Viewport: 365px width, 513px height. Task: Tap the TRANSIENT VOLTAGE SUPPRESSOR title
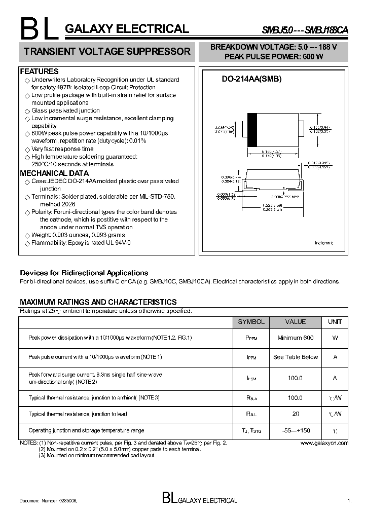[x=107, y=52]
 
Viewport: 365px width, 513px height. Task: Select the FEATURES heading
[x=39, y=71]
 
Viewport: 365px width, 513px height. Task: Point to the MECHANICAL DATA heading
[x=54, y=173]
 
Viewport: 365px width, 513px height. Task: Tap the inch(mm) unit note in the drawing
[x=323, y=243]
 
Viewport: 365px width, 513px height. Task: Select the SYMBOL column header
[x=251, y=322]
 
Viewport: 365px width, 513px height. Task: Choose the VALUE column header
[x=296, y=322]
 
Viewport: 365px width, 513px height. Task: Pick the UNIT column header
[x=335, y=322]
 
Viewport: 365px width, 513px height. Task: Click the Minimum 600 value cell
[x=296, y=338]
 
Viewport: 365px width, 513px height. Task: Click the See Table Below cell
[x=296, y=357]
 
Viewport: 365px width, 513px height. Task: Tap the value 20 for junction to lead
[x=296, y=414]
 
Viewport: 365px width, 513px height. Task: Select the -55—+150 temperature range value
[x=296, y=430]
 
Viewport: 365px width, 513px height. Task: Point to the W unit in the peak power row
[x=335, y=338]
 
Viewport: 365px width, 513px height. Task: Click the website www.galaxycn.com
[x=324, y=443]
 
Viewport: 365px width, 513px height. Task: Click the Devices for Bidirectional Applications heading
[x=84, y=273]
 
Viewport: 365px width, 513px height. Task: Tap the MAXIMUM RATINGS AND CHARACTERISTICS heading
[x=98, y=302]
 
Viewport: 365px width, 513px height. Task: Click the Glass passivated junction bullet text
[x=65, y=111]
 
